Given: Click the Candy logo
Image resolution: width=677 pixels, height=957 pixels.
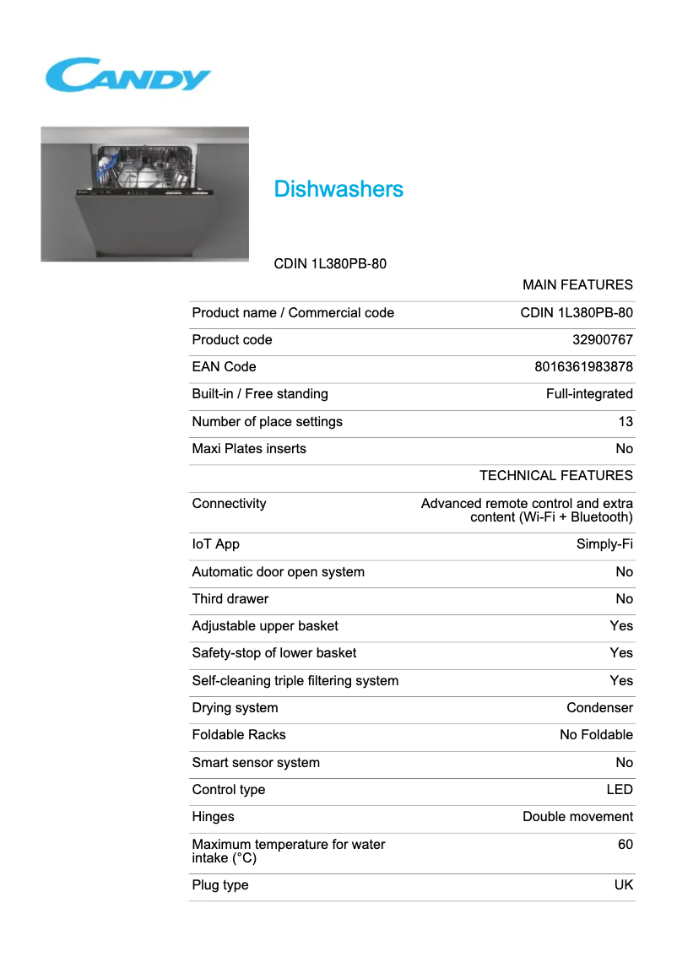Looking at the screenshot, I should tap(127, 75).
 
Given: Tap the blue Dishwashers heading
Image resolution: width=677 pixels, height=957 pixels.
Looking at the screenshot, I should tap(338, 189).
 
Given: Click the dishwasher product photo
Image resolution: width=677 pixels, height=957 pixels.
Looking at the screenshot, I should tap(144, 194).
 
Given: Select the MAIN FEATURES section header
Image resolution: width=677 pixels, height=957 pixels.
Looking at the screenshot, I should tap(577, 285).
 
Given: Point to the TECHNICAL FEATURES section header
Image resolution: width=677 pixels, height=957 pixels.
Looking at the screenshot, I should tap(555, 476).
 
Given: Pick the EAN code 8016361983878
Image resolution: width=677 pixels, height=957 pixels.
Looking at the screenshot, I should tap(583, 367).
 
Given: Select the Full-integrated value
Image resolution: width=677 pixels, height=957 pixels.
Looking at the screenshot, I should tap(589, 394).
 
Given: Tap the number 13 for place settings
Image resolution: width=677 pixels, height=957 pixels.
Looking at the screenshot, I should tap(625, 422).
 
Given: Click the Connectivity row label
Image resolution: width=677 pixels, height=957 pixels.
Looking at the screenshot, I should tap(229, 504).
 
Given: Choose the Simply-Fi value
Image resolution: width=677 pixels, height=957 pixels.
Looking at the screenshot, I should tap(604, 544).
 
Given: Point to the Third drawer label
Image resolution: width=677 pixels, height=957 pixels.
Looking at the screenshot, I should tap(230, 599).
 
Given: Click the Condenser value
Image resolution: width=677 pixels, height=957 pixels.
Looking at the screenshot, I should tap(599, 708).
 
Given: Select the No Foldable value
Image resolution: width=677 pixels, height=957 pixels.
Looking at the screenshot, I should tap(596, 735).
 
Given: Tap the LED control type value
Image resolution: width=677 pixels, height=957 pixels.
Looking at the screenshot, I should tap(620, 790).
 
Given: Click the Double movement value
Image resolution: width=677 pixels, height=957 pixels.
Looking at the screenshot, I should tap(577, 817).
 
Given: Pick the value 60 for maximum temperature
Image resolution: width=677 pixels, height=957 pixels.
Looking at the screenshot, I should tap(625, 845).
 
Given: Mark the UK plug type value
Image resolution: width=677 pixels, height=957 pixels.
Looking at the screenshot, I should tap(623, 885).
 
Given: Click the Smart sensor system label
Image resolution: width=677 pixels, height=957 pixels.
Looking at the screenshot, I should tap(256, 763).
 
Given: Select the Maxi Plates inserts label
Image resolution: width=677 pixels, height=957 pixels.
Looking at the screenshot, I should tap(249, 449).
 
